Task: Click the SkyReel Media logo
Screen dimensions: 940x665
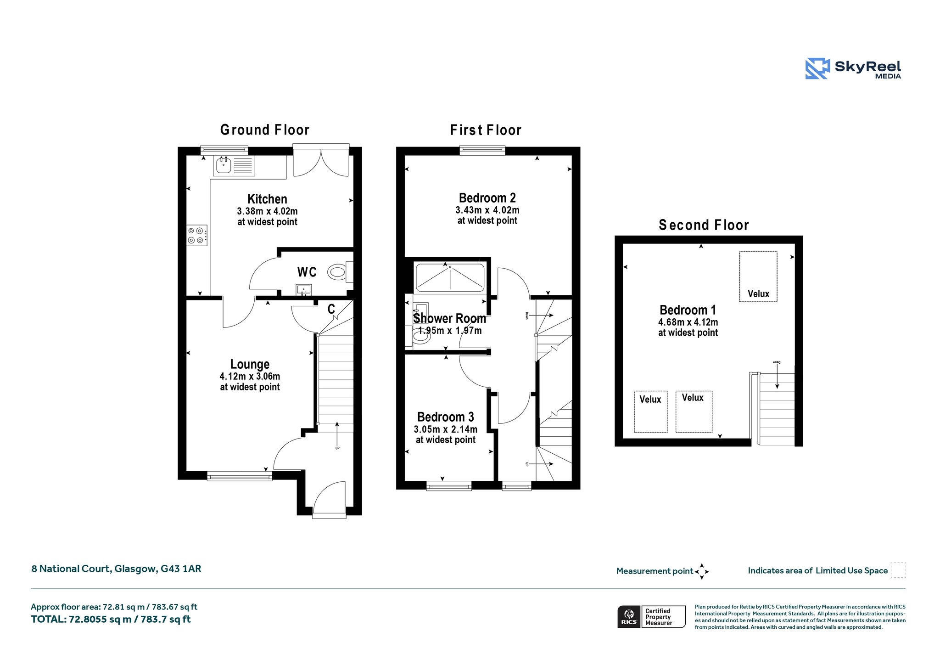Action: click(853, 69)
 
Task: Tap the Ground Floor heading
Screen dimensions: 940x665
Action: click(265, 130)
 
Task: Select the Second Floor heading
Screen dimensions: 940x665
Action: click(704, 225)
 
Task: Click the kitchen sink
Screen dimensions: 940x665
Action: click(234, 166)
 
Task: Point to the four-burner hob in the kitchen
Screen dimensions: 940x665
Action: click(197, 236)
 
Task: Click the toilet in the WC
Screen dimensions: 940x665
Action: click(340, 272)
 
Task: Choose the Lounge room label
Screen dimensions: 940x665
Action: click(250, 364)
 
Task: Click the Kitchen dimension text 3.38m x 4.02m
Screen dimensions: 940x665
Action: click(267, 211)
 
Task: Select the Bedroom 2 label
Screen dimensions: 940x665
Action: click(487, 198)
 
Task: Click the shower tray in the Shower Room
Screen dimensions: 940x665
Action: click(450, 277)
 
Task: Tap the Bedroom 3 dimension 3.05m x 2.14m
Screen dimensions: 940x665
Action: click(445, 429)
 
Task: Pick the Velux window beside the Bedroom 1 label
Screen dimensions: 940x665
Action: click(758, 276)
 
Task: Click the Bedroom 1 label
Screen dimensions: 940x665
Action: click(688, 310)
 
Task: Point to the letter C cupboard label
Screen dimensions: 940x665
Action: click(331, 309)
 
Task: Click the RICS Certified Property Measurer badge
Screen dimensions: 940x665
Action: click(651, 616)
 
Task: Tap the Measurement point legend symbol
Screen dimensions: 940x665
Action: click(702, 571)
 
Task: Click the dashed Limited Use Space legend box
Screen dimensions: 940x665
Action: click(898, 570)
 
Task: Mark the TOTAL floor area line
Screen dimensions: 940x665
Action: click(111, 619)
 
